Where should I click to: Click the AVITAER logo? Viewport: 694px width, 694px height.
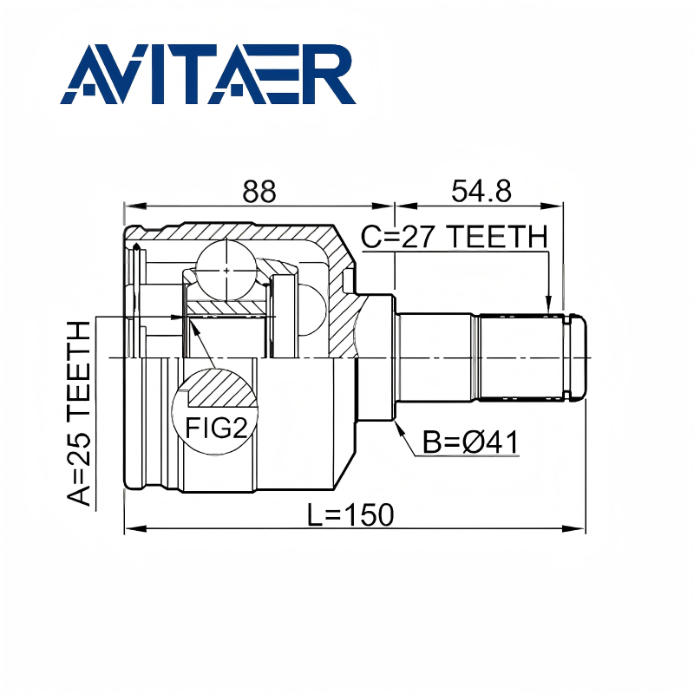[x=208, y=74]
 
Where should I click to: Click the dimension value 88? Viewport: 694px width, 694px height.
[x=259, y=191]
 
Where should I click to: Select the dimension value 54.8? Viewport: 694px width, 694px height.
[x=481, y=191]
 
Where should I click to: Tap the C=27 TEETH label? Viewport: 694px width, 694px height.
[x=454, y=236]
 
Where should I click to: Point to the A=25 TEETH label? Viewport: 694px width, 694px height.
[x=79, y=413]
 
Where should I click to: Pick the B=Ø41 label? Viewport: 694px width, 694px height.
[x=470, y=442]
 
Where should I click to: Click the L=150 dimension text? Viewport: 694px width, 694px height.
[x=350, y=514]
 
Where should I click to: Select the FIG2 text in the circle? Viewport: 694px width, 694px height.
[x=215, y=428]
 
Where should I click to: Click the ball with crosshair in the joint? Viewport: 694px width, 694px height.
[x=226, y=271]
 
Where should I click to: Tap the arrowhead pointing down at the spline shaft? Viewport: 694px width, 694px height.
[x=548, y=304]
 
